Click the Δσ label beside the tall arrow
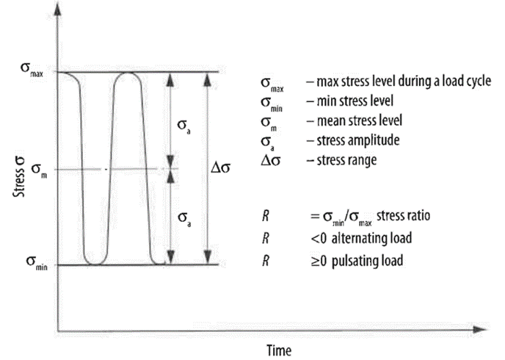[x=222, y=168]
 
